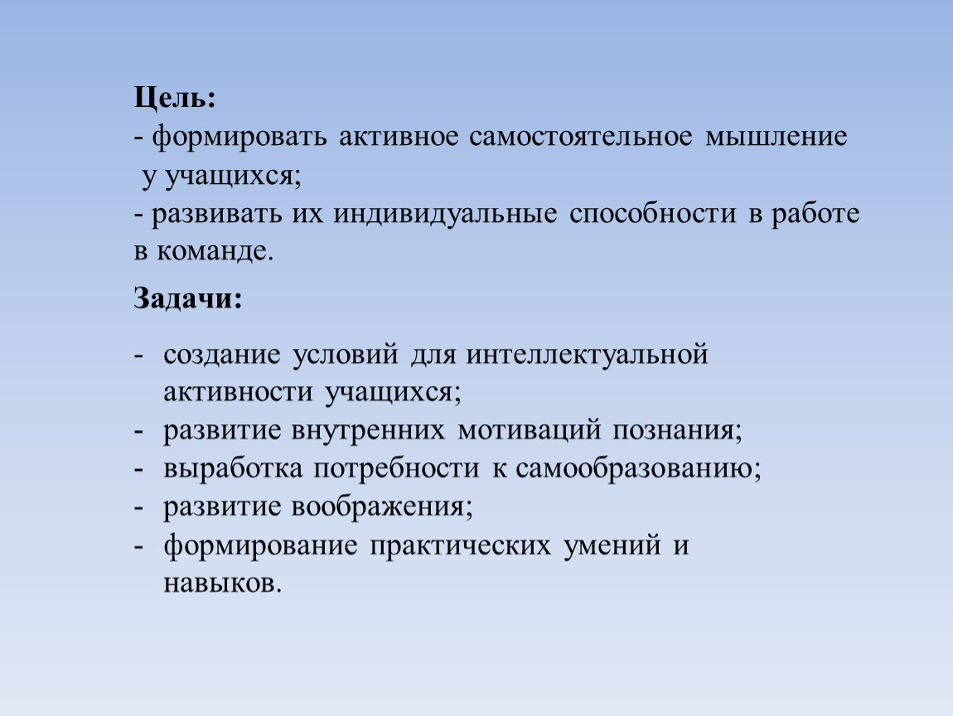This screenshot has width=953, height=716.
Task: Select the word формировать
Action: click(239, 137)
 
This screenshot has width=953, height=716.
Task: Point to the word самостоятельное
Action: click(580, 136)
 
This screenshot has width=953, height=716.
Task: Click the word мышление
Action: click(776, 137)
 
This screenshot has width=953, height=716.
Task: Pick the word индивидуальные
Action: click(445, 215)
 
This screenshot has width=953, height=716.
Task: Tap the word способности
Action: click(653, 215)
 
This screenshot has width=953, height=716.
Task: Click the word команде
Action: click(215, 252)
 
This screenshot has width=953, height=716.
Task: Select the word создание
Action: click(222, 355)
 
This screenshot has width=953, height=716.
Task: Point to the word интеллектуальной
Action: click(587, 355)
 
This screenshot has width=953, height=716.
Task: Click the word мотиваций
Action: click(529, 431)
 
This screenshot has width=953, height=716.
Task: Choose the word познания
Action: click(677, 431)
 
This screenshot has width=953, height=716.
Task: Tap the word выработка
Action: click(233, 468)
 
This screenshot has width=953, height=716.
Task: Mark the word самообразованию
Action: click(638, 468)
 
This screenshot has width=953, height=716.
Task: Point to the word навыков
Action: click(222, 584)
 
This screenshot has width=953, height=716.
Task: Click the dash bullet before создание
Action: click(138, 356)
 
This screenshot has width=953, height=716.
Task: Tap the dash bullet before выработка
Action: click(138, 470)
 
